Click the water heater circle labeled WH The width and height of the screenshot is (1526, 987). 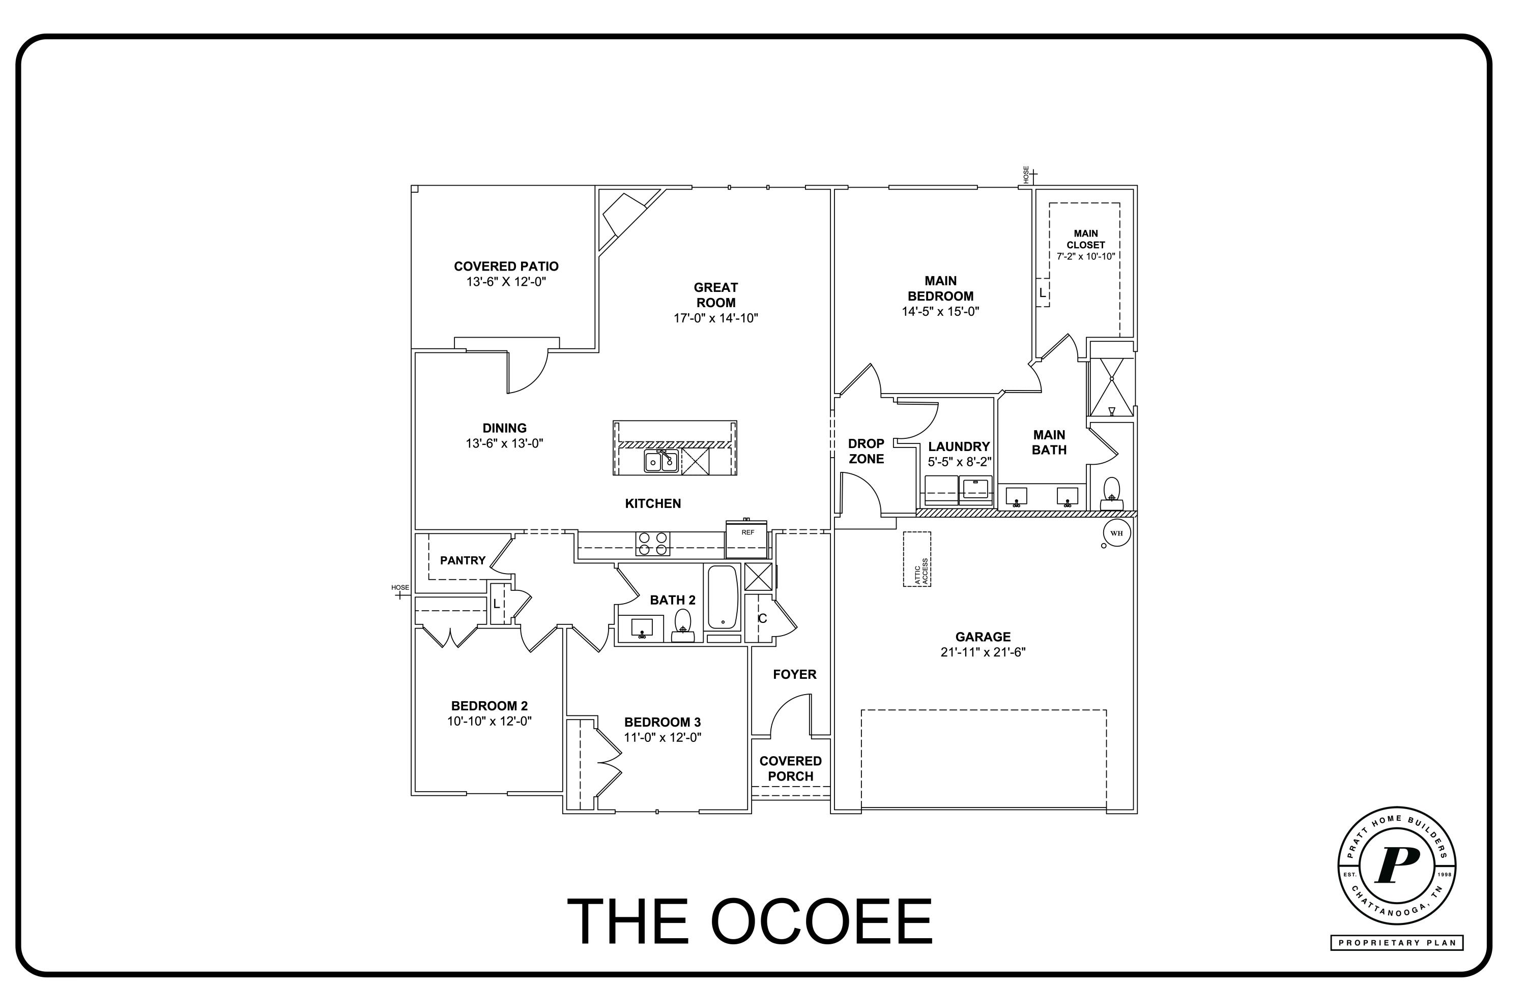pos(1116,533)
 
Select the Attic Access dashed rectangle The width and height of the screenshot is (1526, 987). pos(917,559)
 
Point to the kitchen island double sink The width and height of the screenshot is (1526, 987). pos(661,461)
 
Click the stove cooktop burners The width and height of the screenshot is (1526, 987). pos(653,544)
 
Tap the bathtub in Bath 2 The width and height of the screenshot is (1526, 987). pos(723,597)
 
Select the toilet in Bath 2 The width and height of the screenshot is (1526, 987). pos(683,625)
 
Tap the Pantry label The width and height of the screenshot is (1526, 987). pos(463,561)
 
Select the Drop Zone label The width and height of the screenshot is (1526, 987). pos(866,451)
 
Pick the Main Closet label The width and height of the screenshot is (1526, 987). pos(1085,239)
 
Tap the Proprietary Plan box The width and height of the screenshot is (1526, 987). pos(1396,943)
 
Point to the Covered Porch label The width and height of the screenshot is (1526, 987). pos(791,768)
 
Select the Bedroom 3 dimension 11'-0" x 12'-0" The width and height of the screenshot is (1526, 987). pos(663,738)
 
